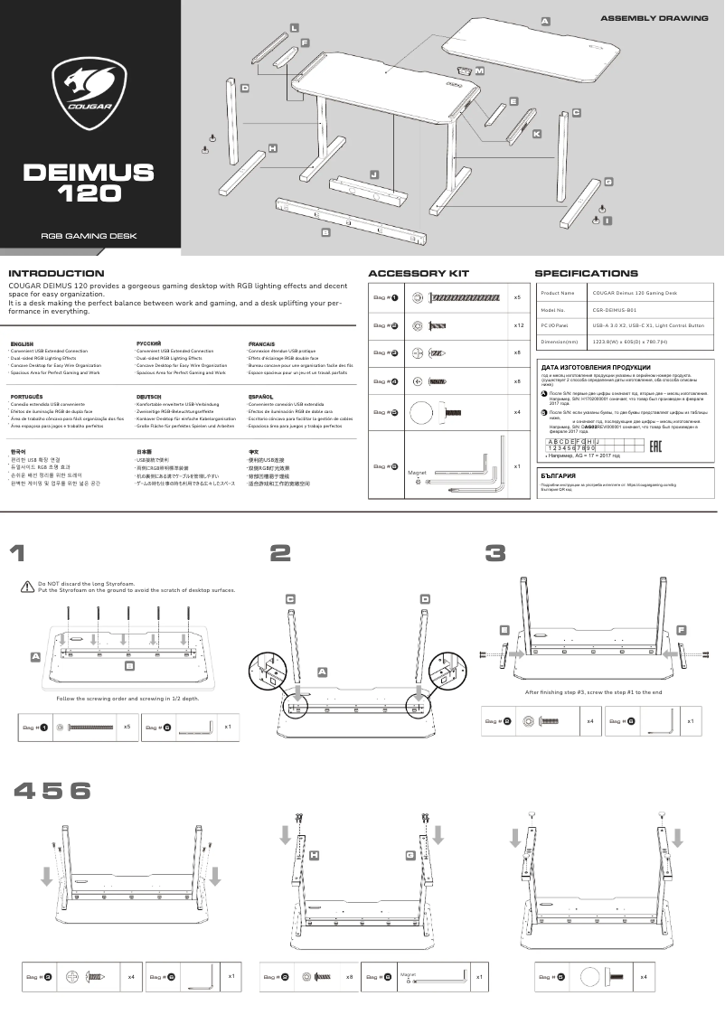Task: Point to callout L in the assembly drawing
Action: (294, 29)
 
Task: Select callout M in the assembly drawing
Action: (479, 70)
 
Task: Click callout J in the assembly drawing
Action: (374, 173)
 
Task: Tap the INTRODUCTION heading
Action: (56, 273)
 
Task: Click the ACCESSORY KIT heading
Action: (419, 273)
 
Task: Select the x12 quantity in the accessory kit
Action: (519, 325)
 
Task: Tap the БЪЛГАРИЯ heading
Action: (559, 474)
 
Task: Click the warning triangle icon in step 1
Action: (27, 587)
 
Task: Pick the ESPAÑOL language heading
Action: (260, 397)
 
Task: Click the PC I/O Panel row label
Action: (554, 325)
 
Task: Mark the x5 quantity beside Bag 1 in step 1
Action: (127, 727)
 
